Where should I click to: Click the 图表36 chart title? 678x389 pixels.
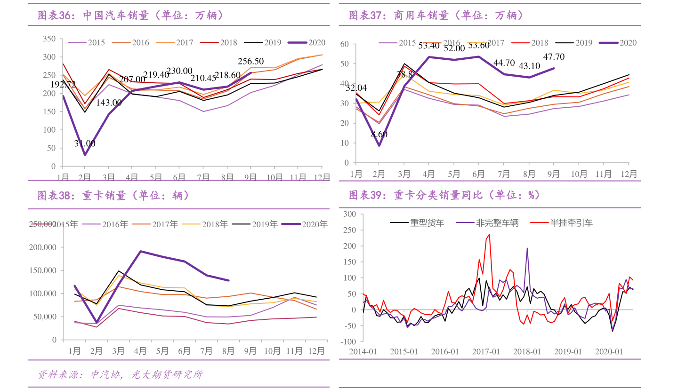(130, 16)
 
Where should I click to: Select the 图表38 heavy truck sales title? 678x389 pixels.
(113, 195)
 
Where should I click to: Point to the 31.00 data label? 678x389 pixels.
(85, 143)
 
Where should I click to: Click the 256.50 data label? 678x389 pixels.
(251, 61)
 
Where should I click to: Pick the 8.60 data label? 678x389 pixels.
(379, 134)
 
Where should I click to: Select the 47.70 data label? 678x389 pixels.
(554, 57)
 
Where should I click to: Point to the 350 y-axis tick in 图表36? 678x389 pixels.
(49, 39)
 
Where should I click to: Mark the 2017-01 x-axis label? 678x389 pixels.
(486, 351)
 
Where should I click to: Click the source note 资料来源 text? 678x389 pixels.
(121, 374)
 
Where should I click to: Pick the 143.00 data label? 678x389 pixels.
(109, 103)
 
